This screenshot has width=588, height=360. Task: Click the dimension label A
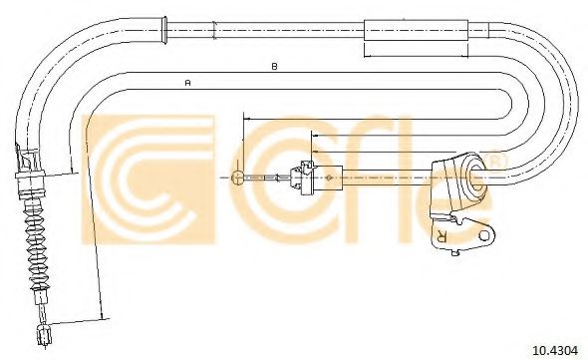coord(188,82)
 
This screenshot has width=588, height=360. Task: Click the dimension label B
coord(274,67)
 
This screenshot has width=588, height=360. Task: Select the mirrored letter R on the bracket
coord(441,234)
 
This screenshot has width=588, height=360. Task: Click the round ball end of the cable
coord(238,178)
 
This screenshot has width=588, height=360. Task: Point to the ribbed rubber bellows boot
coord(38,244)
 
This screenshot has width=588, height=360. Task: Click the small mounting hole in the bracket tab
coord(485,235)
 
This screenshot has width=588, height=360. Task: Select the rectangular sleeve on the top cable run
coord(416,30)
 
